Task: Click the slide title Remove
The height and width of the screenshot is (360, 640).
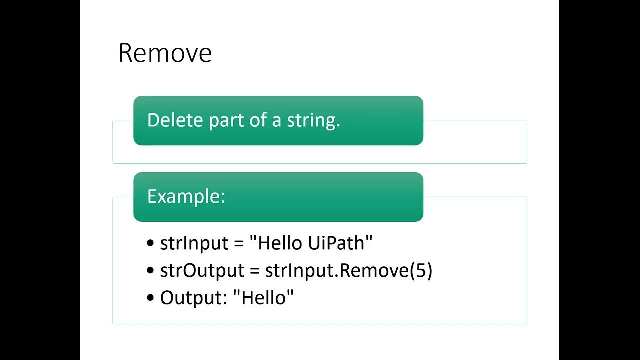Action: (x=165, y=53)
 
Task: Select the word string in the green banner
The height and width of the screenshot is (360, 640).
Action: (x=313, y=121)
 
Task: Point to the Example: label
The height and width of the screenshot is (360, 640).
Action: (x=186, y=196)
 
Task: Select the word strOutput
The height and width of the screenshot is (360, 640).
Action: (x=202, y=270)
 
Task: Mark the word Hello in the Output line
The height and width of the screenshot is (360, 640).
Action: (x=263, y=297)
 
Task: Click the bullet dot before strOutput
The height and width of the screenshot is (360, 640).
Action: (x=151, y=271)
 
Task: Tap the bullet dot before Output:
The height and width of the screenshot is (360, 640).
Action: (x=151, y=298)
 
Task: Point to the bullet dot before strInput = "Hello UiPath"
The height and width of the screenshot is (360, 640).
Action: (x=151, y=244)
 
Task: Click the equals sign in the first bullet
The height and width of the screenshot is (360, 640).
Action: (x=239, y=244)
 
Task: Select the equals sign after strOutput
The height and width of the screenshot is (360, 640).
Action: (x=255, y=271)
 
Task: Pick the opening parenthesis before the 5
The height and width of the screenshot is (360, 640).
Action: (x=412, y=270)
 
